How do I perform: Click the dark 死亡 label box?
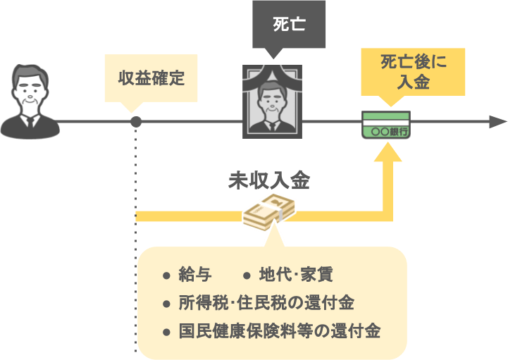click(x=289, y=25)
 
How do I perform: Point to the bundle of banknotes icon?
click(x=268, y=210)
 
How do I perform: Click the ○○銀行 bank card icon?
click(x=387, y=125)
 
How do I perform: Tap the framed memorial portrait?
click(x=272, y=102)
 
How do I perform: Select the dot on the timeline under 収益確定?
click(x=136, y=123)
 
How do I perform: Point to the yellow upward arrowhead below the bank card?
click(x=387, y=151)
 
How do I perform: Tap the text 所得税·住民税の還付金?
click(x=266, y=303)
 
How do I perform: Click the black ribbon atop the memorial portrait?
click(x=272, y=71)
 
